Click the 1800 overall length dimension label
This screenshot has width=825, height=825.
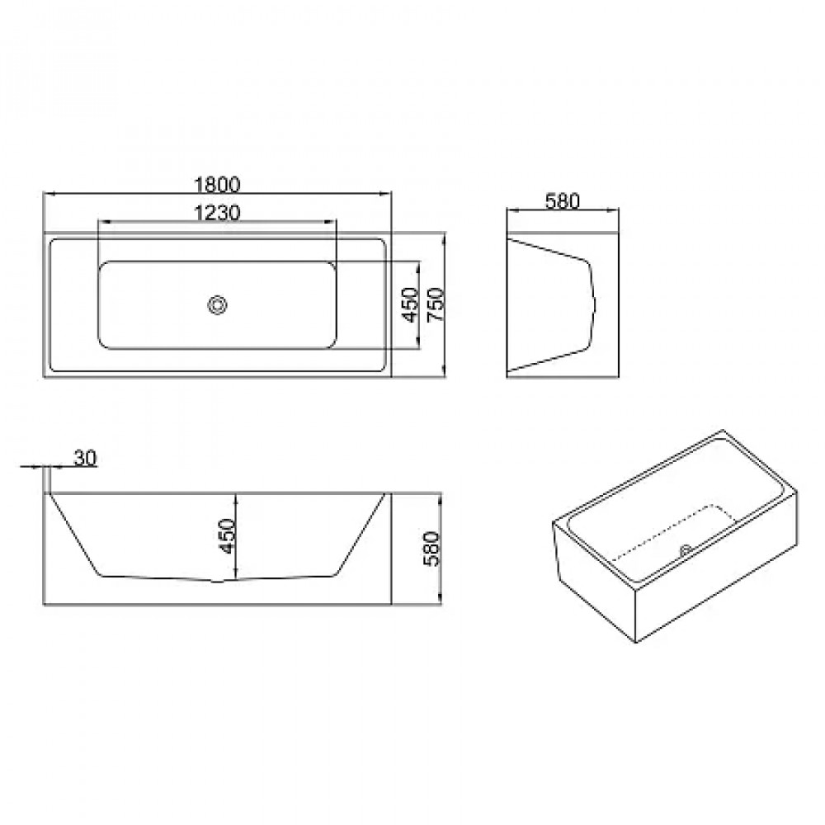click(x=217, y=185)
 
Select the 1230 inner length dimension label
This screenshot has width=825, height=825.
click(x=217, y=213)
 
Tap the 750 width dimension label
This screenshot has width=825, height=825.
click(x=436, y=304)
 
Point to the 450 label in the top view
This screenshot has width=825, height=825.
click(x=409, y=304)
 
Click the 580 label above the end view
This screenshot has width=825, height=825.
click(x=562, y=201)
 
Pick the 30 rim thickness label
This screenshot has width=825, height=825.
click(x=85, y=458)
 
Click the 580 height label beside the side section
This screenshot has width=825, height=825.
click(x=431, y=549)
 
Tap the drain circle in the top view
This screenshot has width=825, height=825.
click(x=217, y=304)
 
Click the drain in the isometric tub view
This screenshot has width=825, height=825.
click(x=686, y=550)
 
